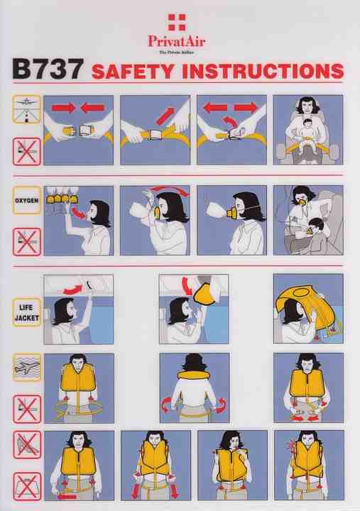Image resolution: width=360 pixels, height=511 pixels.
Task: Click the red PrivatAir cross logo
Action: (x=177, y=22)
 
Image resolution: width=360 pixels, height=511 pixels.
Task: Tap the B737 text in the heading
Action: (x=48, y=69)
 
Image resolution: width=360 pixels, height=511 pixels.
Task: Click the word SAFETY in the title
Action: (x=133, y=72)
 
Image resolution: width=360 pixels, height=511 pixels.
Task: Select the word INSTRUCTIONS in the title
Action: (x=263, y=71)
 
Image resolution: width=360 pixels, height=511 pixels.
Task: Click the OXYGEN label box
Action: (x=27, y=200)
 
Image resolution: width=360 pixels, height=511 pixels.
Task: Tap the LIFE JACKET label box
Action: (x=27, y=312)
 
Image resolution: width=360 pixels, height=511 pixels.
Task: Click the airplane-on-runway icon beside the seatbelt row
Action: (x=26, y=109)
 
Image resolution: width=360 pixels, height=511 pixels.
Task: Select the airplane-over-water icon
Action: (x=27, y=368)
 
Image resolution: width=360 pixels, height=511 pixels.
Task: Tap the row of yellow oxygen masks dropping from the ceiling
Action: (x=60, y=198)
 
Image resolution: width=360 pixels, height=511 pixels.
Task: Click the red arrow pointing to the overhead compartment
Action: (x=73, y=289)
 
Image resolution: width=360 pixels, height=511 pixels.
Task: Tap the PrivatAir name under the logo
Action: (x=177, y=41)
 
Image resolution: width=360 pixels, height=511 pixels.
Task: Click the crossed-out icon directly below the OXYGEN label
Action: (x=27, y=242)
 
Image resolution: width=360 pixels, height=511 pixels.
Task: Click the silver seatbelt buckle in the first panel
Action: (x=85, y=131)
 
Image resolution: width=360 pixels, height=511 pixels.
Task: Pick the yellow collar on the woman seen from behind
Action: (x=195, y=375)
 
